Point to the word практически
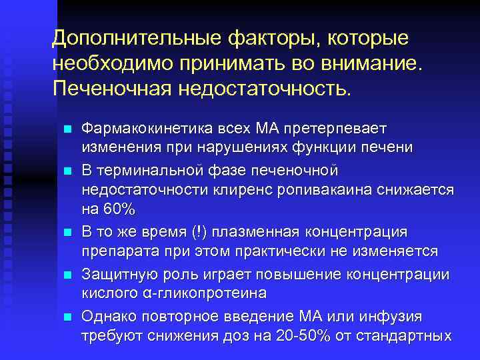tap(293, 252)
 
